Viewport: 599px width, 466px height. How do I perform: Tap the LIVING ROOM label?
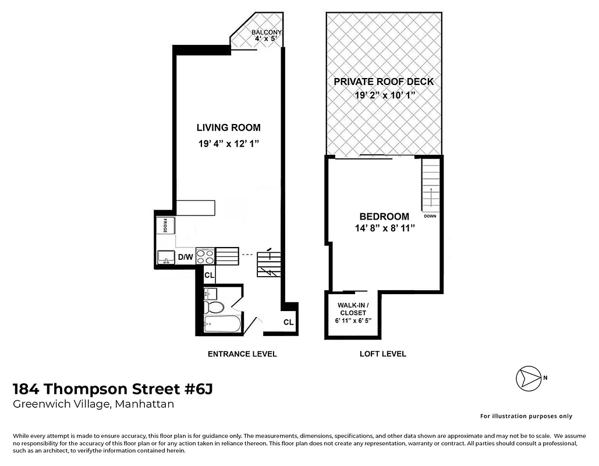point(228,128)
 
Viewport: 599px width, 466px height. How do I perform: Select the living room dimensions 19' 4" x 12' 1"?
point(228,143)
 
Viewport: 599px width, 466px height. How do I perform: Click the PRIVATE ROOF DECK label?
point(384,82)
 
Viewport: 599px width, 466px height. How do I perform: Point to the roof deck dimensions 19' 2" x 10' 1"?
point(384,96)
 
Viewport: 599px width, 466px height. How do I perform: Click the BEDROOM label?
point(384,217)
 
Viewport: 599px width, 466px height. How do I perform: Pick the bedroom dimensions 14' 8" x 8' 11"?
point(384,229)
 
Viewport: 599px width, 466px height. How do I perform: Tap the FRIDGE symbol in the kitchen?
point(165,226)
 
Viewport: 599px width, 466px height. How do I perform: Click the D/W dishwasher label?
point(185,257)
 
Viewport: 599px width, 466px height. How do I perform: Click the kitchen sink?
point(166,257)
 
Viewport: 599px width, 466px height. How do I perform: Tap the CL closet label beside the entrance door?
point(288,322)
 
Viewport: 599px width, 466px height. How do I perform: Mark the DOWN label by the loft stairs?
point(430,216)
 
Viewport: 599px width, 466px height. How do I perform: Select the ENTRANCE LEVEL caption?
point(242,354)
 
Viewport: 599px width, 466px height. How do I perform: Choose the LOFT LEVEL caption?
point(382,354)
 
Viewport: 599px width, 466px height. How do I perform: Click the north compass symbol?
point(527,377)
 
